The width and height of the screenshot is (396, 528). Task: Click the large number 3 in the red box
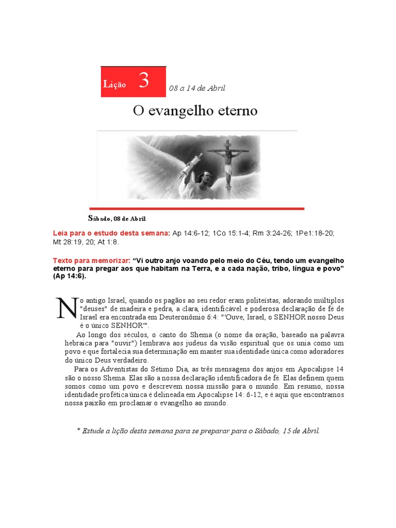pyautogui.click(x=144, y=81)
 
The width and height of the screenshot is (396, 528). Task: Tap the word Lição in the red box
pyautogui.click(x=114, y=85)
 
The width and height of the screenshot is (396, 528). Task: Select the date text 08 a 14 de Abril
pyautogui.click(x=197, y=88)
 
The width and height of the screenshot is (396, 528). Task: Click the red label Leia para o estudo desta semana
pyautogui.click(x=111, y=233)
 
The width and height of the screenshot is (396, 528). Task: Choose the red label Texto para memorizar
pyautogui.click(x=92, y=260)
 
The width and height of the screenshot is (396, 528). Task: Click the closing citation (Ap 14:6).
pyautogui.click(x=70, y=276)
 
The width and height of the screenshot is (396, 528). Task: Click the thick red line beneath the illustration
pyautogui.click(x=201, y=208)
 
